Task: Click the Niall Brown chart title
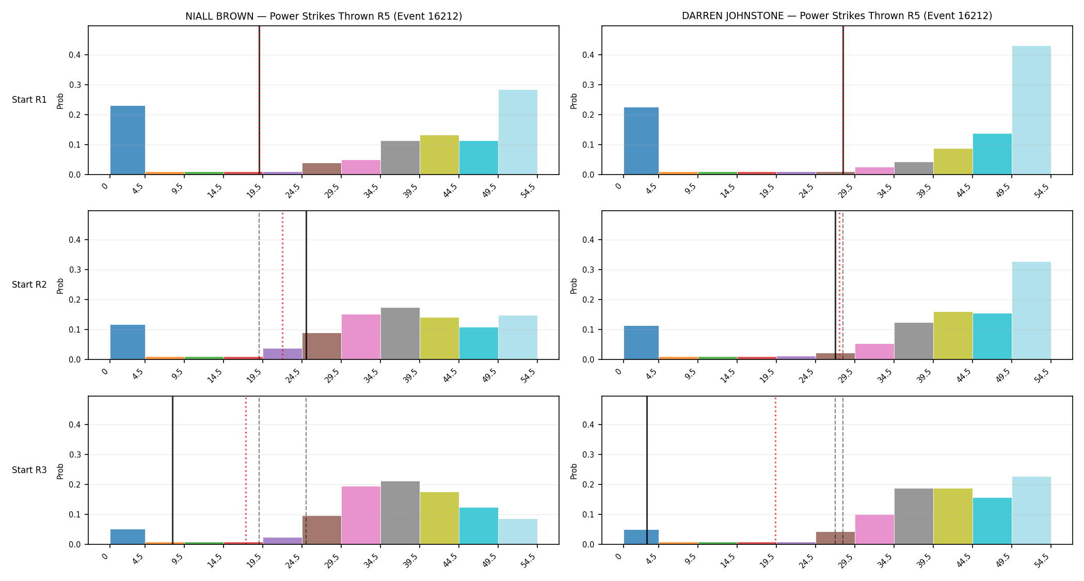click(x=324, y=16)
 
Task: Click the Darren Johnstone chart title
click(x=837, y=16)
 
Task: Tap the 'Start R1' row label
click(x=29, y=100)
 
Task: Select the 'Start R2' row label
click(x=29, y=285)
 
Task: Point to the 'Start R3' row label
click(x=29, y=470)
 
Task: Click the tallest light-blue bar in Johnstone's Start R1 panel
click(x=1031, y=110)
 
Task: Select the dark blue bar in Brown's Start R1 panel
click(x=127, y=140)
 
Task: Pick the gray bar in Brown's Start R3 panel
click(x=400, y=513)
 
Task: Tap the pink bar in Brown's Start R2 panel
click(x=361, y=337)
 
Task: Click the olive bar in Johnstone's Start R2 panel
click(x=953, y=336)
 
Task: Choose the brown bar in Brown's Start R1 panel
click(x=322, y=169)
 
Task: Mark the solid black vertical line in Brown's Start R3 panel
click(x=172, y=470)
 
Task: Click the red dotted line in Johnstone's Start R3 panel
click(x=775, y=470)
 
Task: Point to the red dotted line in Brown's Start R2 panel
click(x=282, y=285)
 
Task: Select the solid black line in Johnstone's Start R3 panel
click(x=647, y=470)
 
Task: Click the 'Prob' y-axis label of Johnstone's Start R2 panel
click(x=574, y=286)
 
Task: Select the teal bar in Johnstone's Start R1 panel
click(x=992, y=154)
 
